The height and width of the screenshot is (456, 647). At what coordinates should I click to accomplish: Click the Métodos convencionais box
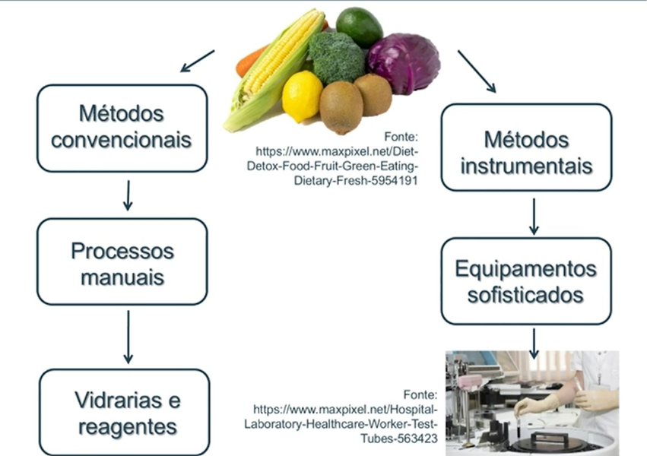(122, 127)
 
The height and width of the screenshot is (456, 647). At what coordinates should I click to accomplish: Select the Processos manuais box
(122, 263)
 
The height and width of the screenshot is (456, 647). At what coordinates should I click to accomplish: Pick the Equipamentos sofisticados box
(526, 280)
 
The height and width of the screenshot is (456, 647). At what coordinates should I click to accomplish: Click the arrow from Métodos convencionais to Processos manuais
(128, 195)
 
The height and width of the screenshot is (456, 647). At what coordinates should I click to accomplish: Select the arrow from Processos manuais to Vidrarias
(128, 337)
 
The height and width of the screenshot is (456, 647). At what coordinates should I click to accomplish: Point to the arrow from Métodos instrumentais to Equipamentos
(534, 216)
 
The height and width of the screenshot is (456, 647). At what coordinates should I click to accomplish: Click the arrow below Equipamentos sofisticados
(534, 343)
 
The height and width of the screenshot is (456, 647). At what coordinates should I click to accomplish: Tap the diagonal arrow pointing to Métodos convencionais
(197, 62)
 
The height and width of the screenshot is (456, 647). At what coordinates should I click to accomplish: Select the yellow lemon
(302, 96)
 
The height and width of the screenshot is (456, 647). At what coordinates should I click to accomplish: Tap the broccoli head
(336, 57)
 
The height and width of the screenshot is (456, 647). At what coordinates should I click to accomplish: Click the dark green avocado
(359, 25)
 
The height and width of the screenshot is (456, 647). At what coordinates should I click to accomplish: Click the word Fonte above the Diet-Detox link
(401, 137)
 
